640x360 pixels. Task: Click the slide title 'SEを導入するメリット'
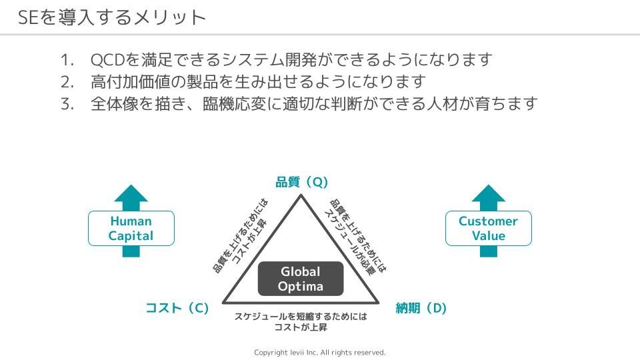coord(112,17)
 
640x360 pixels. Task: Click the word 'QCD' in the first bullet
coord(107,60)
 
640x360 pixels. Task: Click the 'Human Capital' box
coord(131,229)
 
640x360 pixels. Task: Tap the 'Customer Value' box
coord(489,229)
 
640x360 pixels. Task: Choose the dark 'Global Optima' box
coord(301,279)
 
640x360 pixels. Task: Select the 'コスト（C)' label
coord(177,308)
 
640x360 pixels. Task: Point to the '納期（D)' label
coord(421,308)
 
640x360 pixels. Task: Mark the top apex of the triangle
coord(301,195)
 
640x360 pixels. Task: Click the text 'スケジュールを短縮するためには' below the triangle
coord(301,317)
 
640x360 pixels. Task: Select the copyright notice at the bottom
coord(320,352)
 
